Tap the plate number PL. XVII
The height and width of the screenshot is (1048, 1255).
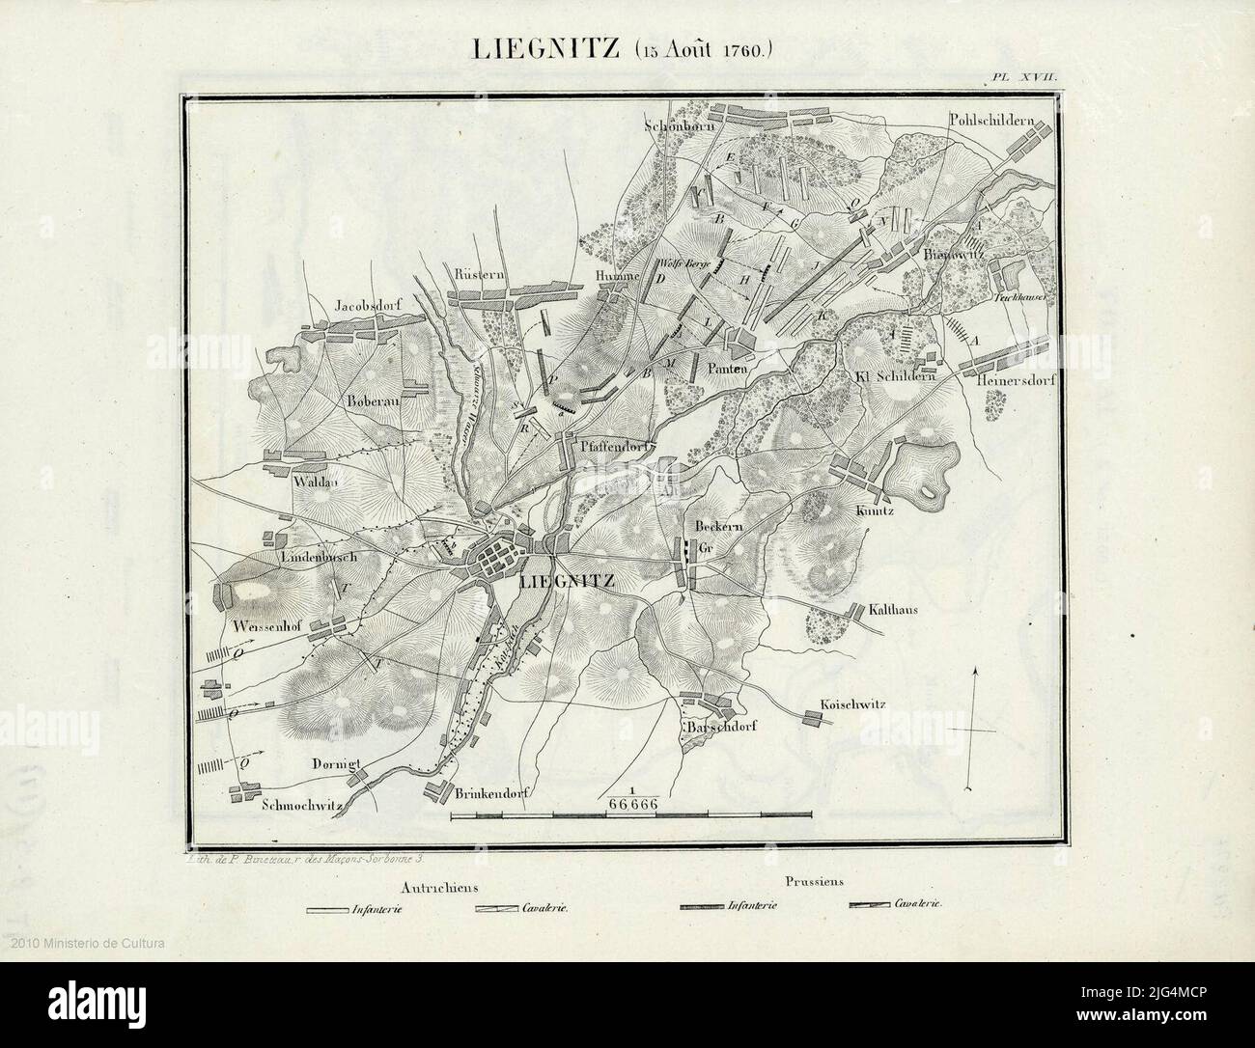click(1030, 75)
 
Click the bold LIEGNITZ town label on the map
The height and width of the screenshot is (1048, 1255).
click(566, 581)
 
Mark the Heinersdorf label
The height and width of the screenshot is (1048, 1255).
click(1012, 380)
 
